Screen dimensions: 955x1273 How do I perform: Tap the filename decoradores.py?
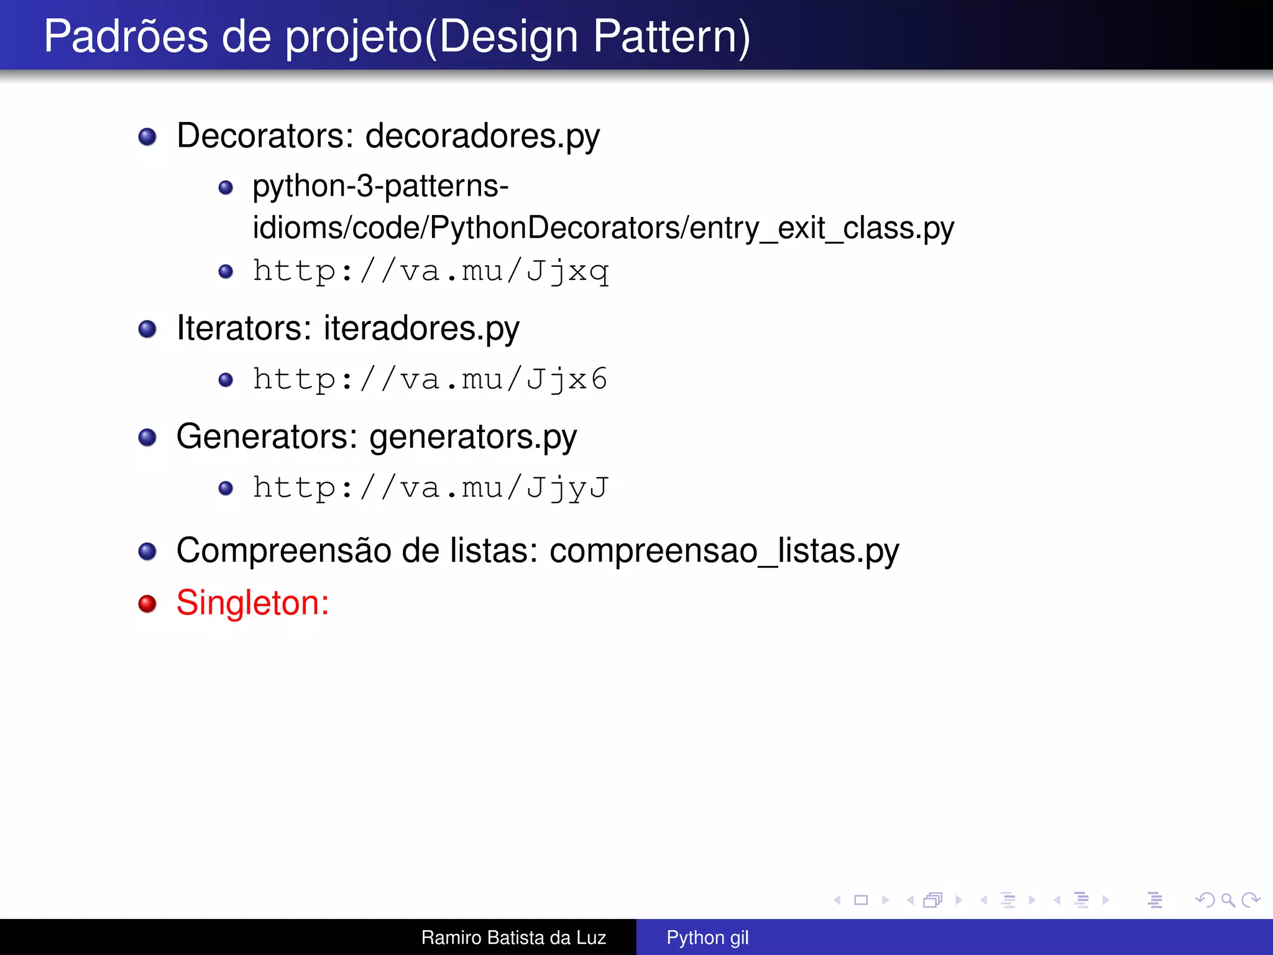pyautogui.click(x=482, y=136)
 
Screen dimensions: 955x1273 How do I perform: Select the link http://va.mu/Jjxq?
pyautogui.click(x=430, y=272)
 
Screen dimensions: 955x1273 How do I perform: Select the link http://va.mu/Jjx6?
pyautogui.click(x=430, y=380)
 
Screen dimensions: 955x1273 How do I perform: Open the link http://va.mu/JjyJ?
pyautogui.click(x=430, y=488)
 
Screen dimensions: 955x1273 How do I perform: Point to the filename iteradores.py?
pyautogui.click(x=421, y=328)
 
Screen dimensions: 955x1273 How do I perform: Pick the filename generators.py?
pyautogui.click(x=473, y=436)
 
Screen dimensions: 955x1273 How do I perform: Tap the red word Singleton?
pyautogui.click(x=252, y=603)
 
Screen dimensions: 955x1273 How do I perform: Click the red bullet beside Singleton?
pyautogui.click(x=147, y=604)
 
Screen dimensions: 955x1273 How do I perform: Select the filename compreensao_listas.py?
pyautogui.click(x=724, y=551)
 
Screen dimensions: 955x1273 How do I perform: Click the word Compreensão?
pyautogui.click(x=283, y=551)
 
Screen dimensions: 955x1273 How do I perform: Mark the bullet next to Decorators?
pyautogui.click(x=147, y=137)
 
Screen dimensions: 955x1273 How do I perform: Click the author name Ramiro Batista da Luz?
pyautogui.click(x=513, y=938)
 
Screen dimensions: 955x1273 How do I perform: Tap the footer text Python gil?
pyautogui.click(x=707, y=938)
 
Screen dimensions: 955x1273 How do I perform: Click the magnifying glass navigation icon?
pyautogui.click(x=1228, y=900)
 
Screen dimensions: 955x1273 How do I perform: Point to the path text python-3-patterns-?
pyautogui.click(x=380, y=187)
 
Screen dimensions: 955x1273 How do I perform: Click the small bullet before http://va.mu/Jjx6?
pyautogui.click(x=226, y=380)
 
